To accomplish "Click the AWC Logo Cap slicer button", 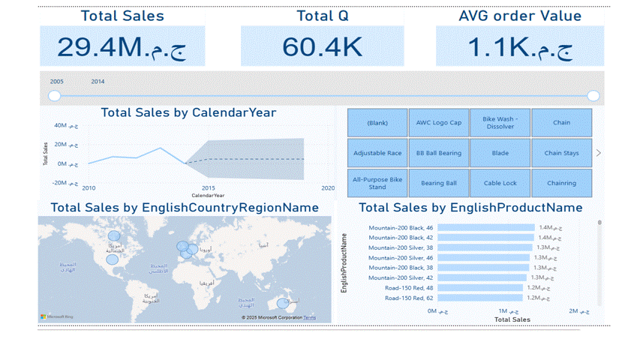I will [439, 123].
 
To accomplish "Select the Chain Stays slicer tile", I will [561, 153].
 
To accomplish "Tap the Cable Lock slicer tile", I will [500, 183].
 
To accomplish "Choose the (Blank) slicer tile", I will [377, 123].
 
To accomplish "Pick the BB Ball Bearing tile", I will [439, 153].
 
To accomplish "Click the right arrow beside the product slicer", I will [598, 153].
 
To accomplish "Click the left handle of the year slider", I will [55, 96].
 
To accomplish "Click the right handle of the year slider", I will [593, 96].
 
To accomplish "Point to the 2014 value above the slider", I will [98, 82].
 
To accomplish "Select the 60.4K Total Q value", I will [322, 47].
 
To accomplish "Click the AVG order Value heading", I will [519, 16].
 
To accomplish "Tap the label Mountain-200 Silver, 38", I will [401, 247].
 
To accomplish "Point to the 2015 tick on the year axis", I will [209, 188].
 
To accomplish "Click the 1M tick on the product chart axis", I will [508, 310].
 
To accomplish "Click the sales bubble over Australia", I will [282, 304].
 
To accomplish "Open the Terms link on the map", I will [309, 318].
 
